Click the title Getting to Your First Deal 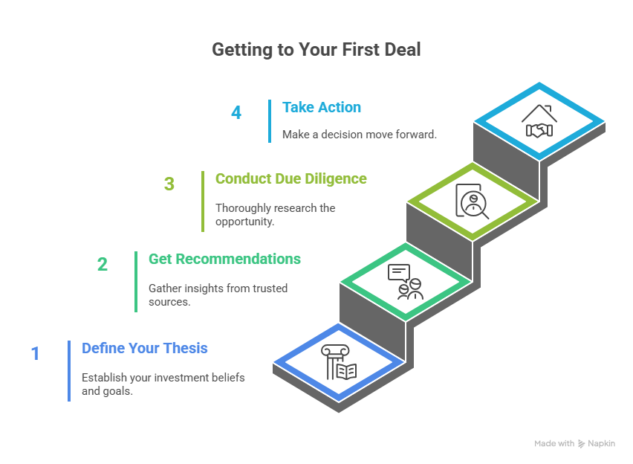[316, 50]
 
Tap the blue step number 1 [34, 353]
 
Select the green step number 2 [103, 264]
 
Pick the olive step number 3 [169, 184]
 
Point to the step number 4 [236, 113]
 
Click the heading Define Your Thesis [145, 348]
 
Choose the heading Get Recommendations [224, 259]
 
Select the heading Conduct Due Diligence [290, 178]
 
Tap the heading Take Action [322, 107]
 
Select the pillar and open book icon [339, 362]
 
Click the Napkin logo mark [581, 443]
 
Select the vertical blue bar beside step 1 [69, 370]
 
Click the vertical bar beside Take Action [270, 120]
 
